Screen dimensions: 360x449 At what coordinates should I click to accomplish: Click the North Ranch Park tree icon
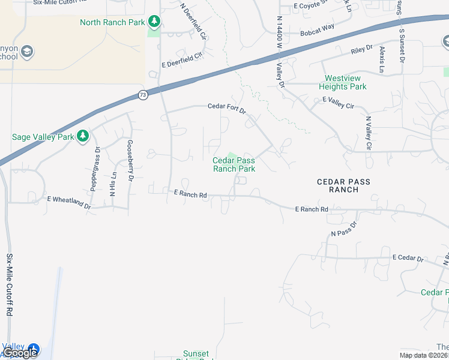pyautogui.click(x=155, y=22)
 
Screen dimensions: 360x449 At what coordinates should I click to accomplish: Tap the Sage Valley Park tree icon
pyautogui.click(x=83, y=136)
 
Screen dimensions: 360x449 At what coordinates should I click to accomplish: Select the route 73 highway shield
pyautogui.click(x=142, y=95)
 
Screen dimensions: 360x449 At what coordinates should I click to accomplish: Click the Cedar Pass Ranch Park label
pyautogui.click(x=234, y=164)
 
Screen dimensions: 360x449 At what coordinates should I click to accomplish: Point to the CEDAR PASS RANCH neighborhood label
pyautogui.click(x=344, y=185)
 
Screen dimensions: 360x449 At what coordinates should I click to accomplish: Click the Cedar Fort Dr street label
pyautogui.click(x=227, y=107)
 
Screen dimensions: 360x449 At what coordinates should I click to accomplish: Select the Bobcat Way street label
pyautogui.click(x=317, y=28)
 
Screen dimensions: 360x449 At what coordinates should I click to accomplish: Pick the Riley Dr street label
pyautogui.click(x=362, y=50)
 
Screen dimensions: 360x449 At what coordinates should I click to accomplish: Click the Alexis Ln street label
pyautogui.click(x=381, y=59)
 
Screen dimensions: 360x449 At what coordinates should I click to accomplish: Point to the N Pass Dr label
pyautogui.click(x=343, y=229)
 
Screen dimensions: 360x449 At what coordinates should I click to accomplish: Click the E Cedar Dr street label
pyautogui.click(x=408, y=257)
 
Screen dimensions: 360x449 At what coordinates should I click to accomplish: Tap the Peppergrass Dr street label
pyautogui.click(x=94, y=169)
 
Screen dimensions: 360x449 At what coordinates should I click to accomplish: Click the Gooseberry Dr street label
pyautogui.click(x=130, y=161)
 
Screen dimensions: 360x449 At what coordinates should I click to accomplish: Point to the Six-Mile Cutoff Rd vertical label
pyautogui.click(x=10, y=284)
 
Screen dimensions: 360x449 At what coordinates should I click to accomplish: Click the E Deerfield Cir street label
pyautogui.click(x=182, y=58)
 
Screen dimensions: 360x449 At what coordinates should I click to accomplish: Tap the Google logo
pyautogui.click(x=20, y=353)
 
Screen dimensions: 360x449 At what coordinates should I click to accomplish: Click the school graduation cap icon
pyautogui.click(x=26, y=52)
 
